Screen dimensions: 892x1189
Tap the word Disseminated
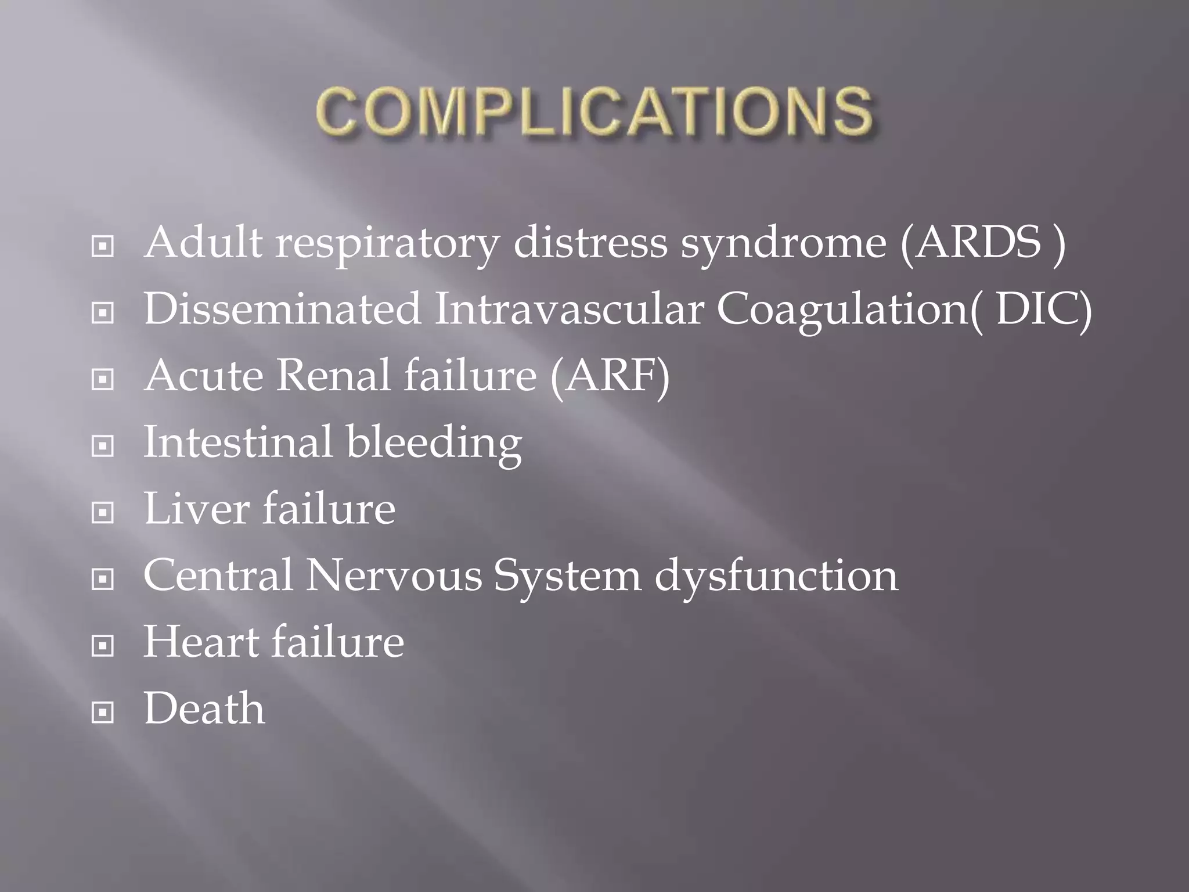click(282, 309)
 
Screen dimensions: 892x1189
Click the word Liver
click(196, 509)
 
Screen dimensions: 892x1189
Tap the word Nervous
click(394, 576)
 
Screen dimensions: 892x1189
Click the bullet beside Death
click(103, 712)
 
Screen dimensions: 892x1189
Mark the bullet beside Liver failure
click(103, 513)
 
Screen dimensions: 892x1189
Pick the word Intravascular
click(569, 309)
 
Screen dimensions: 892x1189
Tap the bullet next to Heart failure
click(103, 645)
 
